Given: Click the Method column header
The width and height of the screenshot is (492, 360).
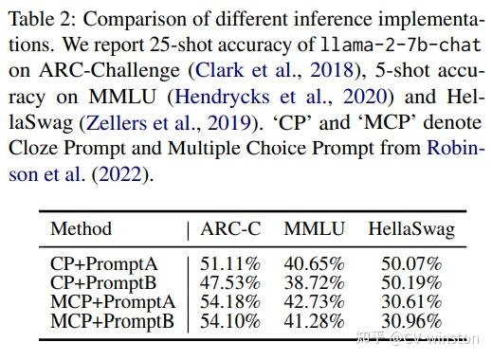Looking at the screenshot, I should click(x=81, y=228).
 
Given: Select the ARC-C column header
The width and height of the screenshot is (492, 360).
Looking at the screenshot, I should click(x=230, y=228).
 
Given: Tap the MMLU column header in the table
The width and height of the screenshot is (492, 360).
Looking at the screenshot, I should click(x=314, y=228).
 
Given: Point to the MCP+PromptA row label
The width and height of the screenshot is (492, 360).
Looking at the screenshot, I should click(x=110, y=301).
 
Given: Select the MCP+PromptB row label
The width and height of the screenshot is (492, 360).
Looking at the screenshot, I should click(x=110, y=320).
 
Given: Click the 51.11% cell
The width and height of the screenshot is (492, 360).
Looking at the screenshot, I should click(x=231, y=263).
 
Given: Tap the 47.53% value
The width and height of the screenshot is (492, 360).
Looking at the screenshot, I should click(x=231, y=282).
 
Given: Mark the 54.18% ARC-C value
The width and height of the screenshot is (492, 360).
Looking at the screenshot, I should click(x=231, y=301).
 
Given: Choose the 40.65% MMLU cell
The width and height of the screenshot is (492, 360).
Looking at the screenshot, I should click(x=315, y=263).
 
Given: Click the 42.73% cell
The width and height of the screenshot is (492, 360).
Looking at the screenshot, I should click(x=315, y=301).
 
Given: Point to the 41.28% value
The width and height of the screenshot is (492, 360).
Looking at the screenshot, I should click(x=315, y=320).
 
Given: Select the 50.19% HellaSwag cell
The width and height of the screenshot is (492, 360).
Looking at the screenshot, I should click(x=410, y=282).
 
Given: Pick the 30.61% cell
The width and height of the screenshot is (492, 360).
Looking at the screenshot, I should click(x=410, y=301).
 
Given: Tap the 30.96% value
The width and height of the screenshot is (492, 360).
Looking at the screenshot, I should click(x=410, y=320).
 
